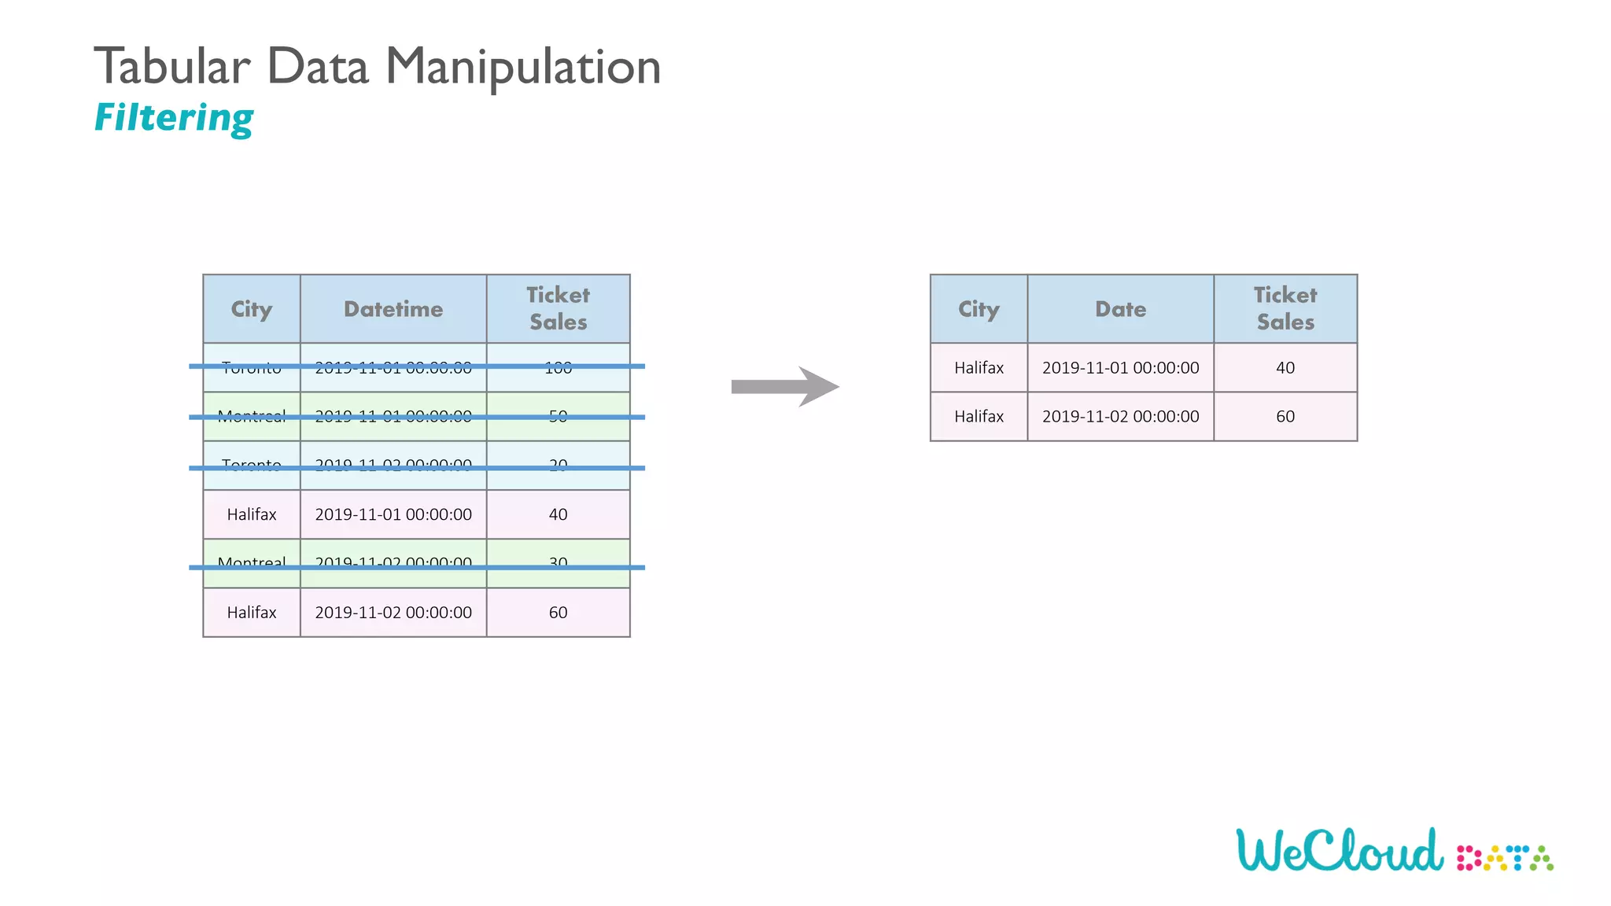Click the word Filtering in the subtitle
pyautogui.click(x=174, y=118)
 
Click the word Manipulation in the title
pyautogui.click(x=523, y=67)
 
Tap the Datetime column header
pyautogui.click(x=393, y=309)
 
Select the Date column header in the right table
pyautogui.click(x=1120, y=309)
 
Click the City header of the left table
pyautogui.click(x=252, y=309)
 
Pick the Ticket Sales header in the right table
pyautogui.click(x=1285, y=308)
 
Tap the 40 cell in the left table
pyautogui.click(x=558, y=514)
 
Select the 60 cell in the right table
pyautogui.click(x=1285, y=417)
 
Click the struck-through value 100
pyautogui.click(x=558, y=367)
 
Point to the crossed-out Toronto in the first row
pyautogui.click(x=252, y=367)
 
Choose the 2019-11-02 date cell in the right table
pyautogui.click(x=1120, y=417)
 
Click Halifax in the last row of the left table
pyautogui.click(x=252, y=613)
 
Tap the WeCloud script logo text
pyautogui.click(x=1340, y=851)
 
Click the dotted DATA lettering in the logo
pyautogui.click(x=1505, y=858)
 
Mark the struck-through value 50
pyautogui.click(x=558, y=416)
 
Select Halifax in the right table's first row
pyautogui.click(x=979, y=368)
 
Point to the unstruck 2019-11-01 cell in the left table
pyautogui.click(x=393, y=514)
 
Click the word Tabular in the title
pyautogui.click(x=172, y=67)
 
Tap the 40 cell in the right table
pyautogui.click(x=1285, y=368)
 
